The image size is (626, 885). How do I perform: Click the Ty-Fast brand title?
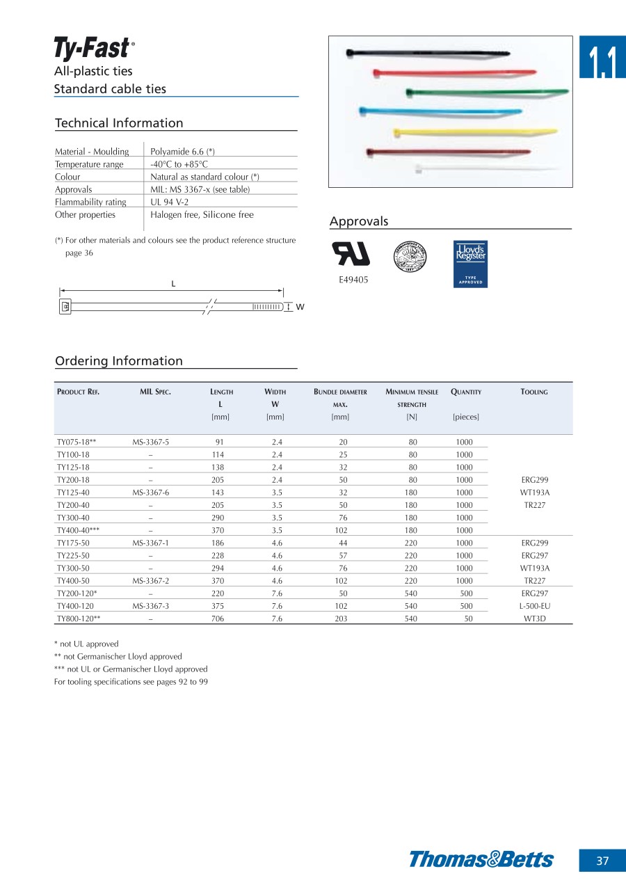pos(92,48)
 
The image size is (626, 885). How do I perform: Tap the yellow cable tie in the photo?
pos(476,131)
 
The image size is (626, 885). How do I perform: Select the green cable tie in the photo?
pos(487,92)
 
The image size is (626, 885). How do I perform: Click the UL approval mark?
pos(353,254)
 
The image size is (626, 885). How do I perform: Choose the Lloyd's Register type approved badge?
pos(470,264)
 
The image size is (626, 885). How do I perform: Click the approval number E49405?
pos(353,280)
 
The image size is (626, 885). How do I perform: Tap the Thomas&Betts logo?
pos(481,859)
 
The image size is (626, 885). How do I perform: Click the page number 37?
pos(602,861)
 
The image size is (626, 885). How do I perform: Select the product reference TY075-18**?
pos(77,442)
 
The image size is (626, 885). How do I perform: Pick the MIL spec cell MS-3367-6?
pos(151,493)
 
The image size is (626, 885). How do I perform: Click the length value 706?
pos(218,619)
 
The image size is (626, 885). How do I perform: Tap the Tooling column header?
pos(534,392)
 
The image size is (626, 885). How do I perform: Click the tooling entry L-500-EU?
pos(534,606)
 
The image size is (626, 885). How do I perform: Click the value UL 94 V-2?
pos(170,202)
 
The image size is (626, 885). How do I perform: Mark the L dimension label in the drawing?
pos(173,284)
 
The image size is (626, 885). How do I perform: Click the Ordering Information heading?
pos(119,360)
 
